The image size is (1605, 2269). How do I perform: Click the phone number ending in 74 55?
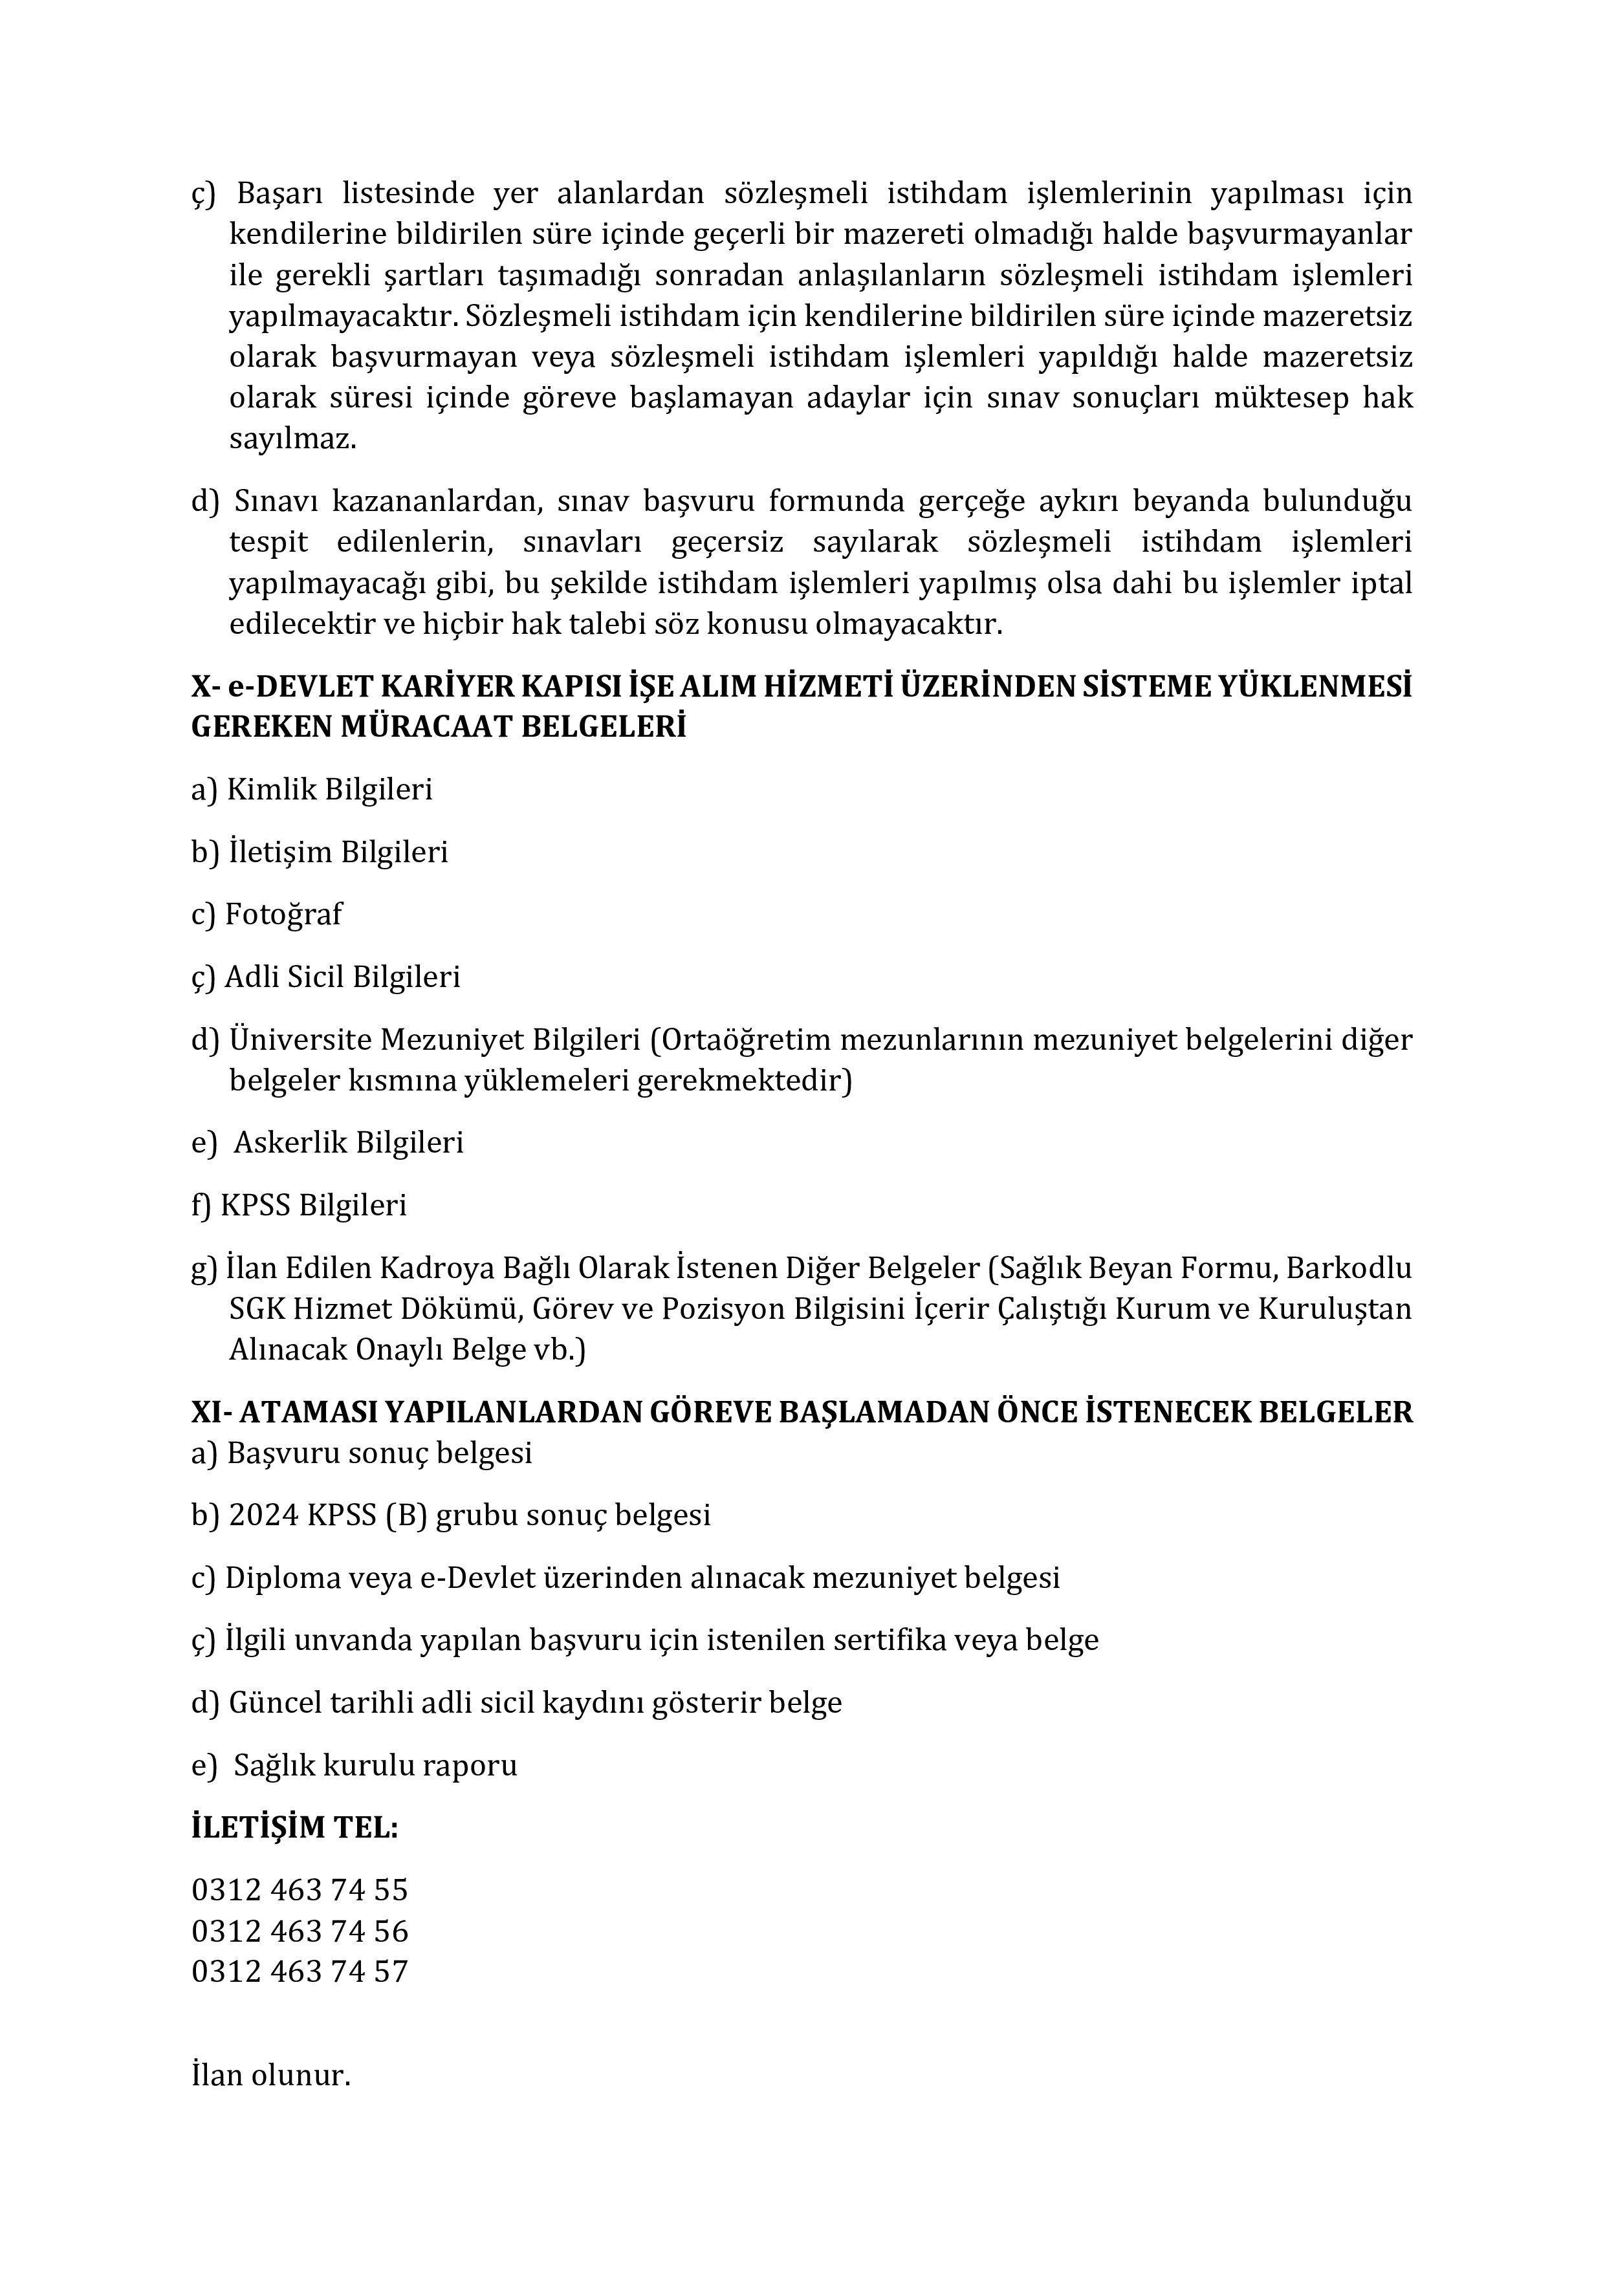300,1889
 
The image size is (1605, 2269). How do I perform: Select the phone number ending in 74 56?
300,1930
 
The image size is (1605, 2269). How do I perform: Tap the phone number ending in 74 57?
300,1971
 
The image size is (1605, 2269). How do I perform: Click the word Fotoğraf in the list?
283,914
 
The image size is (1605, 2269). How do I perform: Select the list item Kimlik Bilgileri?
329,790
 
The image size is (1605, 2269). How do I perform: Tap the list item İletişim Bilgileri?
338,852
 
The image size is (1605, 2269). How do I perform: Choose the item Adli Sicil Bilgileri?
342,977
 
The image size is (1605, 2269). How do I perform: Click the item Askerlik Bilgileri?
348,1142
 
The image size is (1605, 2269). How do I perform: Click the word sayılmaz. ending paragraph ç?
292,439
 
